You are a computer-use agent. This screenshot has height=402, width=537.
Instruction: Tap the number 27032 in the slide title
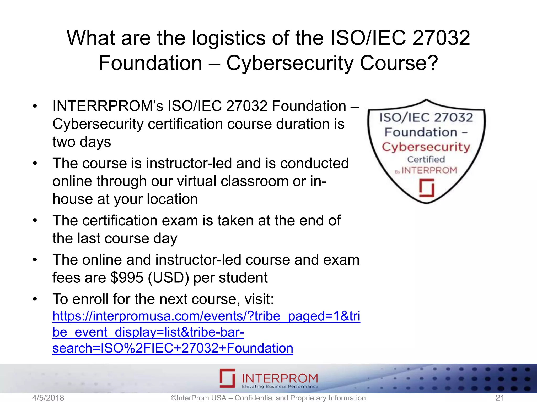(441, 38)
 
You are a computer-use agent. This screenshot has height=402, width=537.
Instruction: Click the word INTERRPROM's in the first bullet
(108, 106)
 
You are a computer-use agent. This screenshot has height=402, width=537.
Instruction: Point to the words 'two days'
(82, 142)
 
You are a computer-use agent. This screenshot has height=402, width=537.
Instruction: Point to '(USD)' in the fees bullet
(168, 277)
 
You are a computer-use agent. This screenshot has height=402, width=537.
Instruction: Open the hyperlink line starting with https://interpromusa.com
(206, 316)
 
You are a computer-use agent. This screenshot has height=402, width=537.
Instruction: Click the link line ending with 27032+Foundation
(173, 348)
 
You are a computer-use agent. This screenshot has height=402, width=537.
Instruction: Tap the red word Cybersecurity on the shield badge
(426, 147)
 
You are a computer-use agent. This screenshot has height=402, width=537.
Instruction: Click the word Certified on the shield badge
(426, 159)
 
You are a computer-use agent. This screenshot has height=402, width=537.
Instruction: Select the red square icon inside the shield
(426, 188)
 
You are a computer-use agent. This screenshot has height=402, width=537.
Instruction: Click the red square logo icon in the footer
(227, 378)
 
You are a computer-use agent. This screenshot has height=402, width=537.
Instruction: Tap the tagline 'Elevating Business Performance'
(280, 387)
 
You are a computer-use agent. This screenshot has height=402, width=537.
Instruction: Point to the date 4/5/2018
(48, 398)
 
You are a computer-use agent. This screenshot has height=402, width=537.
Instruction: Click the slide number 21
(500, 398)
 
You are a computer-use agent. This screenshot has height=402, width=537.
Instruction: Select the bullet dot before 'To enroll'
(35, 299)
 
